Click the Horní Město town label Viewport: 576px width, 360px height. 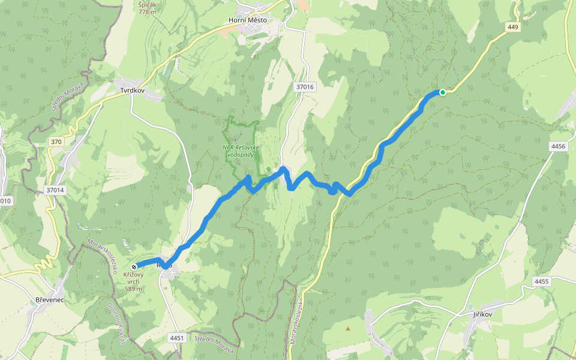click(x=248, y=20)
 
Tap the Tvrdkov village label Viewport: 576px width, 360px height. click(x=133, y=91)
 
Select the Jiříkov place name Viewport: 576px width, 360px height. click(x=482, y=313)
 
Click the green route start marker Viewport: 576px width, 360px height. click(x=442, y=92)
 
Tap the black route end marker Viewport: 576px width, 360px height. click(x=133, y=266)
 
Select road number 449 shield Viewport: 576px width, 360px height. click(x=512, y=26)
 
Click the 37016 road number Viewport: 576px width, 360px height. click(x=305, y=87)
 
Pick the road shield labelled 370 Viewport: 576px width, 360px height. click(x=56, y=142)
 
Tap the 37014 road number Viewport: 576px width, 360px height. click(x=55, y=190)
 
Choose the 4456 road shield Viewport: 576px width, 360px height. click(x=558, y=146)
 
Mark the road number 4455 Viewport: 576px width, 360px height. click(x=541, y=281)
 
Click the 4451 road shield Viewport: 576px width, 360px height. click(x=176, y=338)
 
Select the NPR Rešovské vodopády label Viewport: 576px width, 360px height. click(x=240, y=151)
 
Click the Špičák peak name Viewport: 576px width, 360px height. click(x=147, y=4)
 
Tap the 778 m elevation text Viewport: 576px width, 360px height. click(x=147, y=11)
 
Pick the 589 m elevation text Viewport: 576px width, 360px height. click(x=133, y=289)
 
